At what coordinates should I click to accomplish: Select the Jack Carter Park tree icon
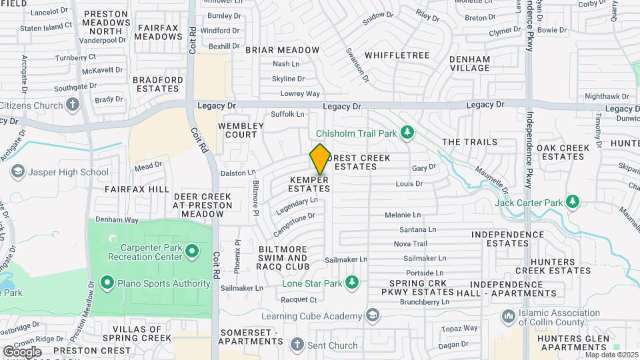[x=571, y=201]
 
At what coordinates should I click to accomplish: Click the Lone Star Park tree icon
[x=353, y=284]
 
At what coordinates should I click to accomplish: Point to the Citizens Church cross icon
[x=73, y=105]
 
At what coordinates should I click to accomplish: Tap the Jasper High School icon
[x=17, y=172]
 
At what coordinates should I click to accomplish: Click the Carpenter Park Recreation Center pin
[x=192, y=251]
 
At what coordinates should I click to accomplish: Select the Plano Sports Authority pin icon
[x=107, y=283]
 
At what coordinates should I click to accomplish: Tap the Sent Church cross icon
[x=297, y=345]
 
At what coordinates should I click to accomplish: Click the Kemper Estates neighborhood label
[x=309, y=185]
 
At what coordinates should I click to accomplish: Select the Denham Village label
[x=469, y=63]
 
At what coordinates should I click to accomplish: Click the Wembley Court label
[x=237, y=130]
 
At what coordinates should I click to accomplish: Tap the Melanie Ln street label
[x=403, y=215]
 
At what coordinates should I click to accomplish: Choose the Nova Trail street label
[x=410, y=243]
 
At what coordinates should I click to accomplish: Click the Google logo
[x=22, y=351]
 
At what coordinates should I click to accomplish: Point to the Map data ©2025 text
[x=611, y=355]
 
